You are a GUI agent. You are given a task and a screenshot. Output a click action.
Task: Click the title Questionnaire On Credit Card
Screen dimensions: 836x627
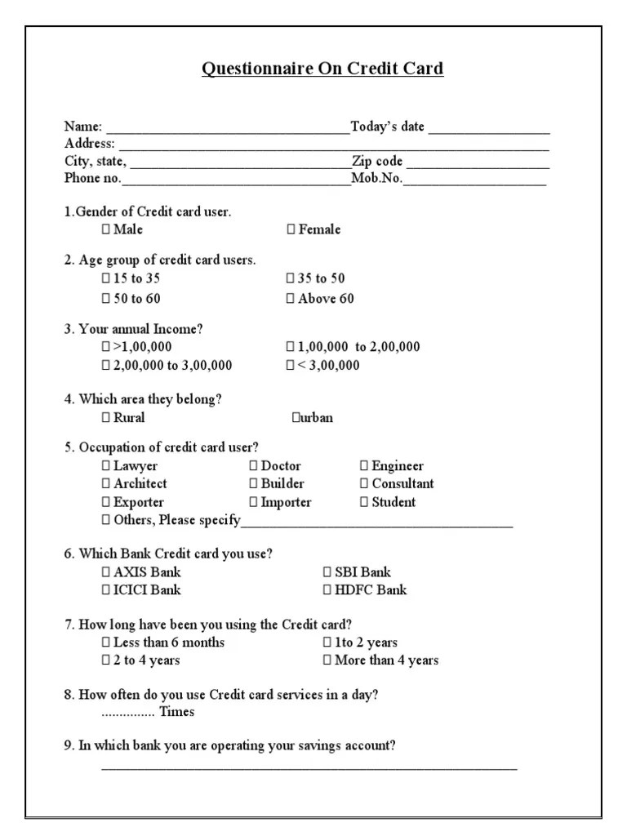(x=322, y=69)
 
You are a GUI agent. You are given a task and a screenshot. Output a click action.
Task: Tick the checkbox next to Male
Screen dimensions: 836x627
(x=106, y=230)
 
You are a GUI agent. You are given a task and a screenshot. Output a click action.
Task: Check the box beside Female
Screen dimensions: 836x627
(x=291, y=230)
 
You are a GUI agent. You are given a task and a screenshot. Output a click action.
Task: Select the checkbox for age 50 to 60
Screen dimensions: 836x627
(x=106, y=299)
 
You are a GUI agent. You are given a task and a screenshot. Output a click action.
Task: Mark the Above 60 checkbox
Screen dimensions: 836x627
(x=291, y=299)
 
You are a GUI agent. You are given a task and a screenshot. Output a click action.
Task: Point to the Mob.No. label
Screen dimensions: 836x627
(x=377, y=180)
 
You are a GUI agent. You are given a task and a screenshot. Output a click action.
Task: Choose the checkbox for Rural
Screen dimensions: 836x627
(x=106, y=418)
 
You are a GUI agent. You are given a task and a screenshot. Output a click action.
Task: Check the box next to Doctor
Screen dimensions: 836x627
(x=253, y=466)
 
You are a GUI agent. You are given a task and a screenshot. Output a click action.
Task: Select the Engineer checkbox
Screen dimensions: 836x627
(x=364, y=466)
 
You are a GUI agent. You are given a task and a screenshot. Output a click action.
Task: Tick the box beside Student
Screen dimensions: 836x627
(x=364, y=502)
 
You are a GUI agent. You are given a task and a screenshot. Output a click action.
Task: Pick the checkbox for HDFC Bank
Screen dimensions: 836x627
(x=327, y=590)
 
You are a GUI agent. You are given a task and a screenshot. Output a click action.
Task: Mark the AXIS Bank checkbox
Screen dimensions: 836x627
(x=106, y=572)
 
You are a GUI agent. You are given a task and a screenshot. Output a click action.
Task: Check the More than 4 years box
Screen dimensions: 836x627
(x=327, y=660)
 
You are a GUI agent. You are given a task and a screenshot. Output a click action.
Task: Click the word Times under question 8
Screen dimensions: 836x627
(x=176, y=712)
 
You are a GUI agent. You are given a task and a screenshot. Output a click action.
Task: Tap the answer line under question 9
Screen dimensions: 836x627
(x=309, y=767)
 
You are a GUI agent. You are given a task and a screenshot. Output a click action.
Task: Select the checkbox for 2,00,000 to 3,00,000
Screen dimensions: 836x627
(x=106, y=366)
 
